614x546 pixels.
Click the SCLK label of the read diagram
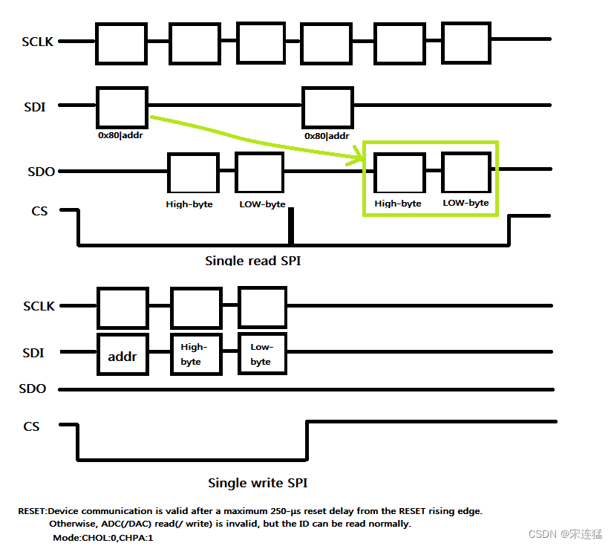[x=38, y=42]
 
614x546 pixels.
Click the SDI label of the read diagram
[x=34, y=107]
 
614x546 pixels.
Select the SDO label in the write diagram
[x=32, y=389]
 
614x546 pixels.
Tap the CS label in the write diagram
[x=31, y=426]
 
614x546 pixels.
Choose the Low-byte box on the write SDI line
[x=261, y=354]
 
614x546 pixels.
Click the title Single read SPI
[x=252, y=261]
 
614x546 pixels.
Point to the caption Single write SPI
[x=258, y=483]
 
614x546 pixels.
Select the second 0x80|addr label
[x=327, y=136]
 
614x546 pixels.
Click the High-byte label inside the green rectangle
[x=398, y=203]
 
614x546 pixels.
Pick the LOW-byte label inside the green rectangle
[x=466, y=203]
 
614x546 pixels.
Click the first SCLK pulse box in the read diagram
[x=121, y=43]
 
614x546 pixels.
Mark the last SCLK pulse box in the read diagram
[x=466, y=43]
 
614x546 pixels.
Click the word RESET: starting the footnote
[x=33, y=511]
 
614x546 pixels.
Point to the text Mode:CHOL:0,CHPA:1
[x=103, y=536]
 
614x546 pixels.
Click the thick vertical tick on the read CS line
[x=291, y=226]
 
